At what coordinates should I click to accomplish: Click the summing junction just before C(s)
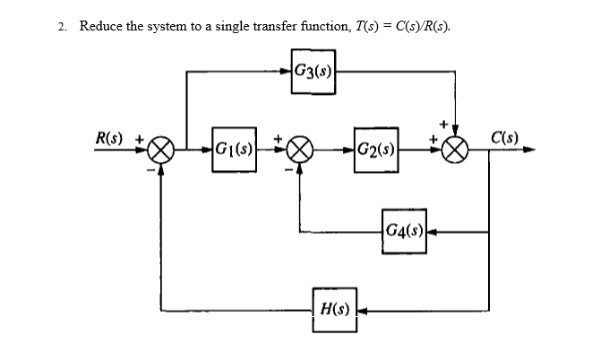(x=457, y=150)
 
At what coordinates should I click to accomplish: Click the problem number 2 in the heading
(x=62, y=26)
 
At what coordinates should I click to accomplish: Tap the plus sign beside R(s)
(x=139, y=138)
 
